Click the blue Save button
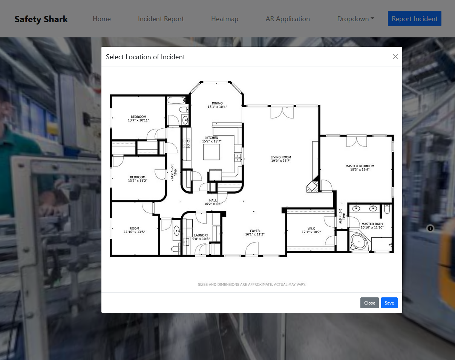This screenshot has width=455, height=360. coord(389,303)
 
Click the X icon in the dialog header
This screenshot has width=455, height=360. coord(395,57)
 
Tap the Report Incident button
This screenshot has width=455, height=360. coord(414,18)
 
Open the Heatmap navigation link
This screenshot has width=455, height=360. coord(225,19)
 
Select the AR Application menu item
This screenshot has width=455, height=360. coord(288,19)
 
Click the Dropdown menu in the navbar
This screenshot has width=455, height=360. coord(355,19)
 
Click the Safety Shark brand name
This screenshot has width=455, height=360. coord(41,19)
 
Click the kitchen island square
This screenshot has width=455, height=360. coord(211,152)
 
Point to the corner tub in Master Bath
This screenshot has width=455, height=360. coord(359,241)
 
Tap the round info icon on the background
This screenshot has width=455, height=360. coord(430,228)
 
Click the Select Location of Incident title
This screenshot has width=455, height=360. coord(145,57)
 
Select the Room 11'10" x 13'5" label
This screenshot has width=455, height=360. coord(135,230)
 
